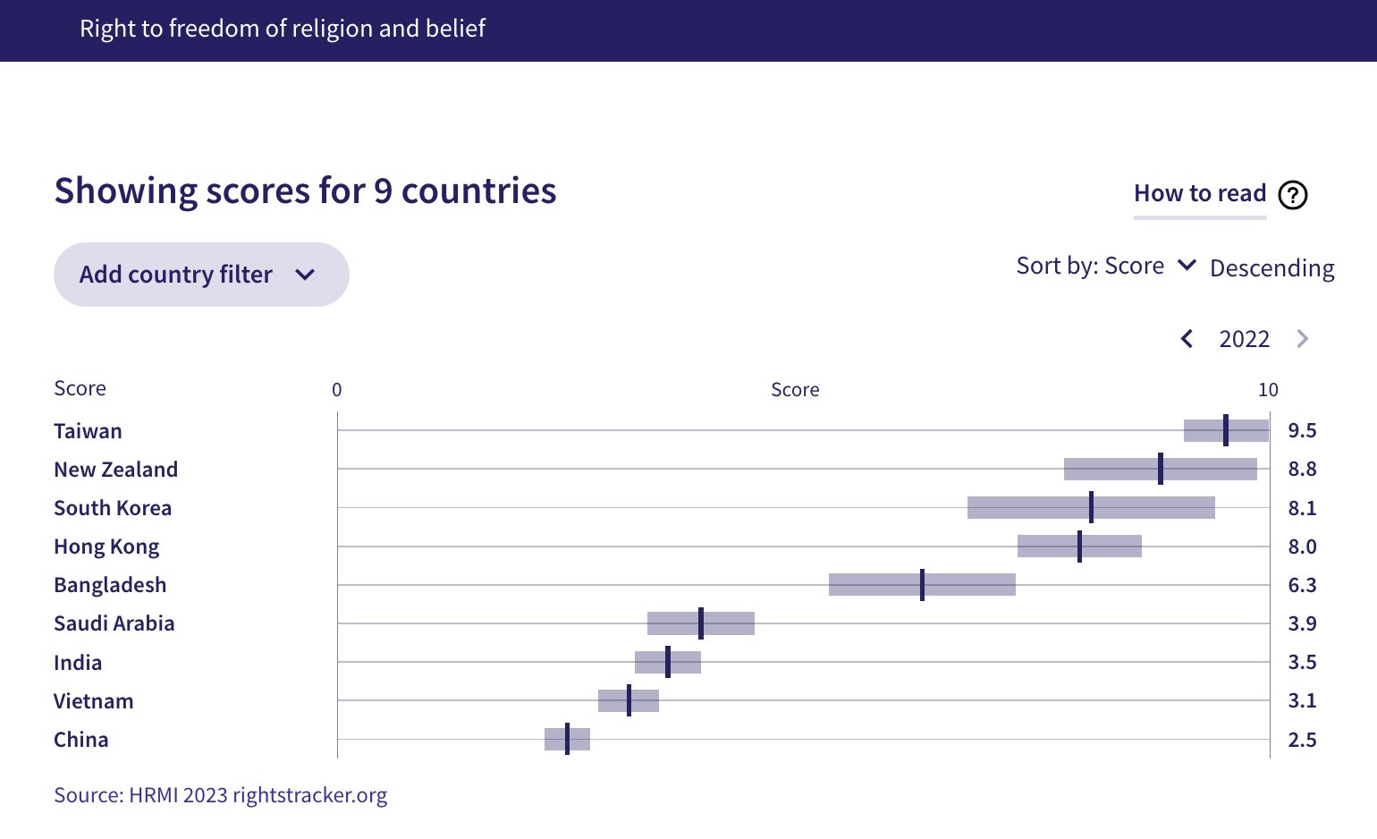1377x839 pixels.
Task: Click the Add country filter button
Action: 200,275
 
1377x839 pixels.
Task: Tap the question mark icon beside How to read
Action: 1292,194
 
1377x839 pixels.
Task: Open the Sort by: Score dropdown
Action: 1105,267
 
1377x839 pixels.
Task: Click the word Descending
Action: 1271,268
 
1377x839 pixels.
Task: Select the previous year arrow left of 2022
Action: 1187,339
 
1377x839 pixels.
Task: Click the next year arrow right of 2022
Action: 1302,339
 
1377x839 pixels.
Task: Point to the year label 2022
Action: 1244,339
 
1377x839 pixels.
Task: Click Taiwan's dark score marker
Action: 1225,430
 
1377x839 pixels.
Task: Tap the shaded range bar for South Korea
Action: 1028,508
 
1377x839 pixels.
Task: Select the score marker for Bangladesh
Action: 922,585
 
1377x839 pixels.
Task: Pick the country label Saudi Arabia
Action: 114,623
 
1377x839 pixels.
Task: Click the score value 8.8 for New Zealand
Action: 1301,470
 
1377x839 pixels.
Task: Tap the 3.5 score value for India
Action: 1301,663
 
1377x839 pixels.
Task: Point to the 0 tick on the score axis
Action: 337,390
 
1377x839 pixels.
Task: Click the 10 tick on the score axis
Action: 1267,390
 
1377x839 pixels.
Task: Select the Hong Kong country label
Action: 106,547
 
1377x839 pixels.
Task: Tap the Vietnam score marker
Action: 629,700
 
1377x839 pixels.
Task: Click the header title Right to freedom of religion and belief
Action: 282,29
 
